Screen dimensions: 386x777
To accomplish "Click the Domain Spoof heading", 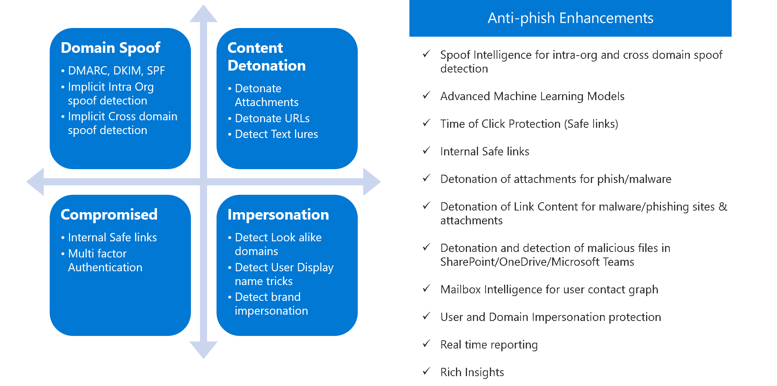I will pyautogui.click(x=110, y=48).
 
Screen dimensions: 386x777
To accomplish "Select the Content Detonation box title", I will pyautogui.click(x=266, y=57).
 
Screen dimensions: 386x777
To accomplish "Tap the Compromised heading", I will pyautogui.click(x=109, y=214).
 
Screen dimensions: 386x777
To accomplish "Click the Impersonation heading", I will pyautogui.click(x=278, y=214).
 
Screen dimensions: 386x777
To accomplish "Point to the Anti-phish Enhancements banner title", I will pyautogui.click(x=570, y=18).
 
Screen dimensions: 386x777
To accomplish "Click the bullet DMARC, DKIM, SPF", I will pyautogui.click(x=116, y=71).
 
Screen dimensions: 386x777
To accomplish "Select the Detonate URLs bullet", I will pyautogui.click(x=272, y=118).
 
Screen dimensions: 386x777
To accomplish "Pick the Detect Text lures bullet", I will pyautogui.click(x=276, y=134).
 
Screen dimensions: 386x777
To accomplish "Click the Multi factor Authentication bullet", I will pyautogui.click(x=105, y=260).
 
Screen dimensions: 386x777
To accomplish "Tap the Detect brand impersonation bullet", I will pyautogui.click(x=271, y=304).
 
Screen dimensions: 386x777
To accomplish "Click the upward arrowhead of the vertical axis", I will pyautogui.click(x=204, y=14).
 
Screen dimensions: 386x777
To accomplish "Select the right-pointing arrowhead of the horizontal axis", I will pyautogui.click(x=371, y=182).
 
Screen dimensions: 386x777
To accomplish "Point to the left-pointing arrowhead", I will pyautogui.click(x=35, y=182).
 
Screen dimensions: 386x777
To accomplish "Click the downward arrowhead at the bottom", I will pyautogui.click(x=204, y=349).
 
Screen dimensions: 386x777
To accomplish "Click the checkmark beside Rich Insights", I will pyautogui.click(x=426, y=371).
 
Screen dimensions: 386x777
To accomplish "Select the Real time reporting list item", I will pyautogui.click(x=489, y=345).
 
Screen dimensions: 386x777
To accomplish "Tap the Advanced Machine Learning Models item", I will pyautogui.click(x=532, y=96).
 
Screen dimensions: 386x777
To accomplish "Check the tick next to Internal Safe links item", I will pyautogui.click(x=426, y=151).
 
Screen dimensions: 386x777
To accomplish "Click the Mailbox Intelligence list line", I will pyautogui.click(x=549, y=289).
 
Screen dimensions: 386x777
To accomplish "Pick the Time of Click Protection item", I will pyautogui.click(x=529, y=124).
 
